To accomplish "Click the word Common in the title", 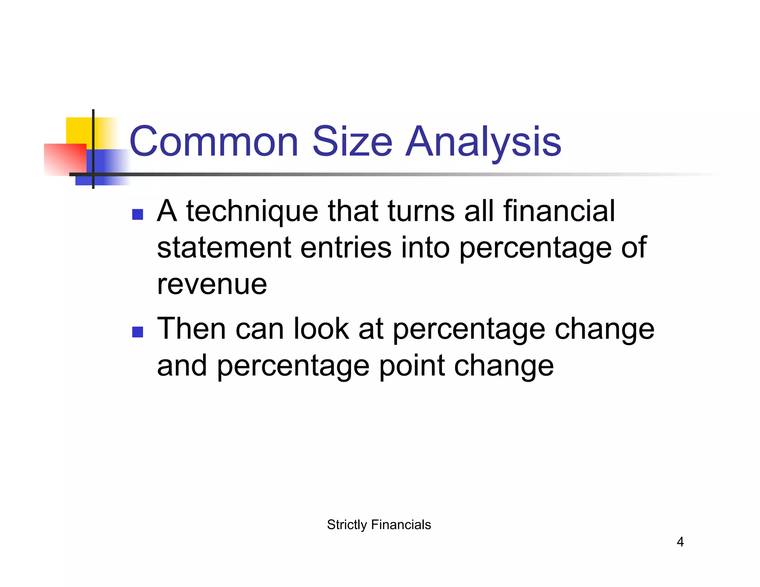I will click(214, 142).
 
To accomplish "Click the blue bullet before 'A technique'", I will click(138, 214).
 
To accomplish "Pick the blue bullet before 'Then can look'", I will click(138, 332).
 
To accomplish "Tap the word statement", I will click(224, 248).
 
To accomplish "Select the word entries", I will click(345, 248).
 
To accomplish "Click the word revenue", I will click(212, 285).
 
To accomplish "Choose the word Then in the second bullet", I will click(191, 328).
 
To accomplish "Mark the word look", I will click(321, 328).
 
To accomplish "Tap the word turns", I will click(421, 211).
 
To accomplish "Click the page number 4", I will click(680, 542).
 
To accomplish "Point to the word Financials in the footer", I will click(401, 525).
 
